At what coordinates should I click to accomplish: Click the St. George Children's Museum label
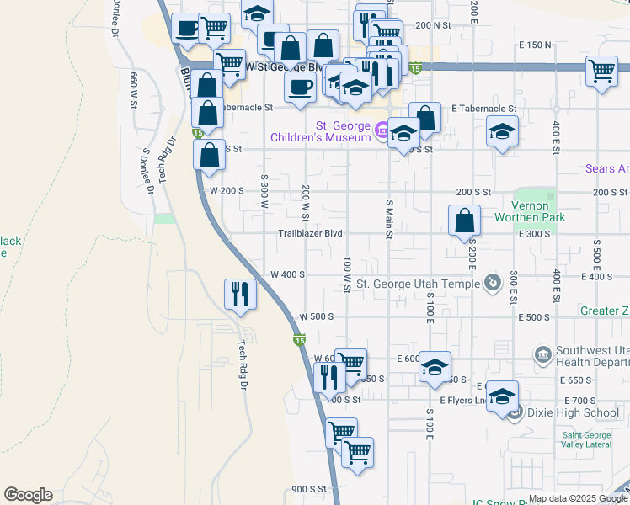pyautogui.click(x=320, y=131)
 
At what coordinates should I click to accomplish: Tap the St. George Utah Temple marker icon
pyautogui.click(x=494, y=283)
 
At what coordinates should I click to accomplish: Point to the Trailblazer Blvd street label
pyautogui.click(x=311, y=233)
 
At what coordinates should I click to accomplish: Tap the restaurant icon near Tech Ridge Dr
pyautogui.click(x=240, y=294)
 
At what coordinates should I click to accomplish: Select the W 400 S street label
pyautogui.click(x=287, y=275)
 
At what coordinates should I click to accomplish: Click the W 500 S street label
pyautogui.click(x=317, y=317)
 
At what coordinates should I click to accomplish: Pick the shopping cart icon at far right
pyautogui.click(x=602, y=71)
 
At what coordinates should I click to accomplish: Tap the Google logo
pyautogui.click(x=28, y=495)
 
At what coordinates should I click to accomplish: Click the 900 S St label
pyautogui.click(x=308, y=489)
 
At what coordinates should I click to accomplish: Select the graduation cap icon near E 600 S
pyautogui.click(x=435, y=367)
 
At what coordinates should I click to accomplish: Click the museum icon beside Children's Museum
pyautogui.click(x=382, y=130)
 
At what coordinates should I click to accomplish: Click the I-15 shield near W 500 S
pyautogui.click(x=299, y=340)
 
